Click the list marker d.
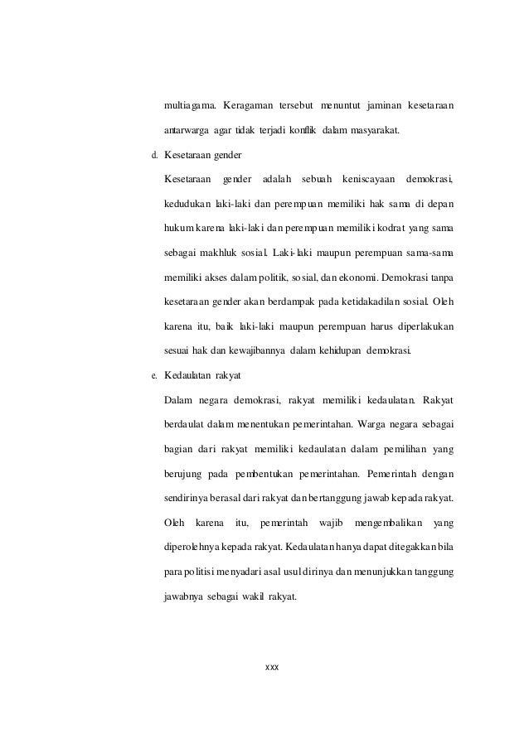pyautogui.click(x=153, y=154)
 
